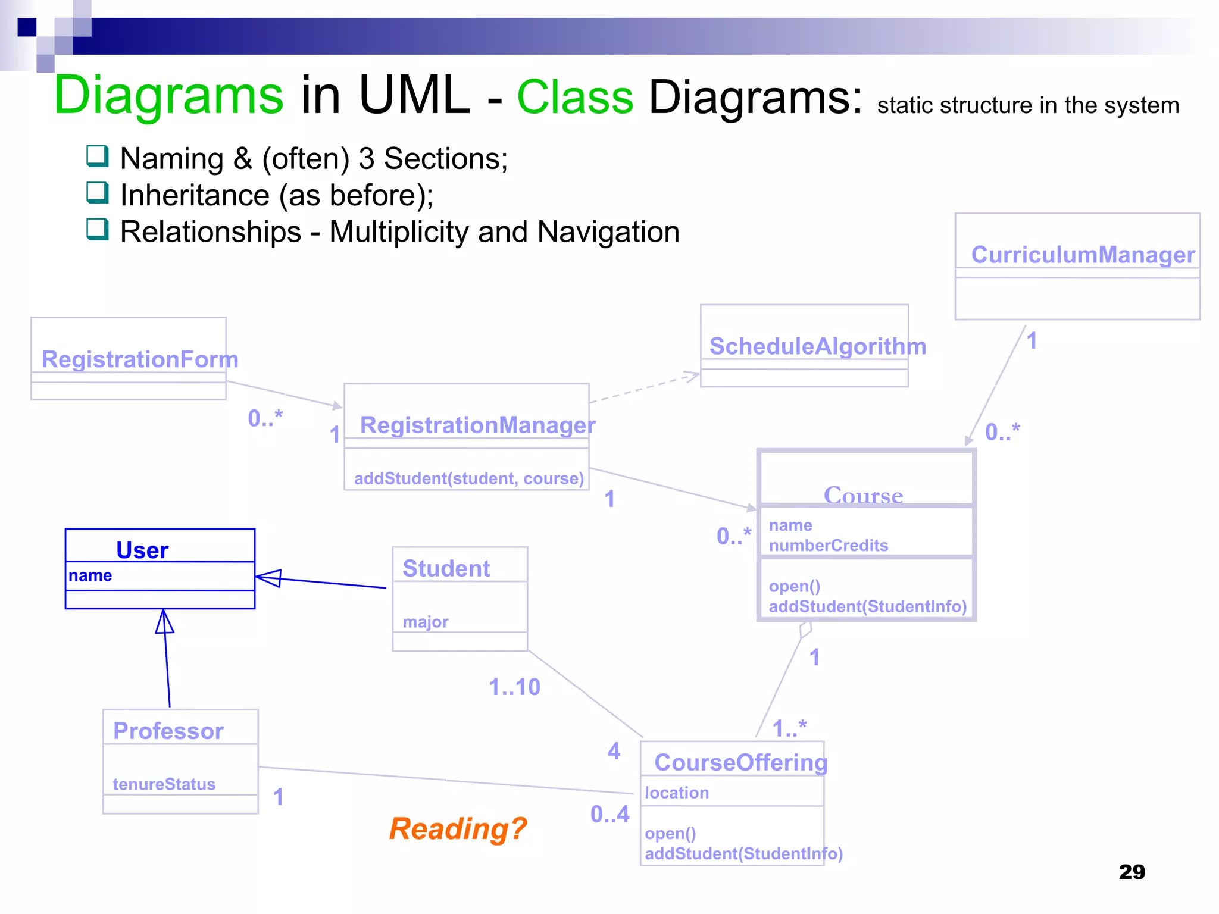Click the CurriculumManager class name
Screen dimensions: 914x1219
[x=1082, y=255]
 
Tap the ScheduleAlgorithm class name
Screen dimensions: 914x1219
[x=817, y=346]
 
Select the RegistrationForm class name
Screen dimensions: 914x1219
[x=140, y=359]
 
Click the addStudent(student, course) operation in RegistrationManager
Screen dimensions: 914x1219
[x=468, y=478]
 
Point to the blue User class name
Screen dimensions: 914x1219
[x=142, y=550]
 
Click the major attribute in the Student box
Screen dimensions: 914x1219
[x=425, y=622]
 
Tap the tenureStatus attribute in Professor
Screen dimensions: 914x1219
[x=164, y=784]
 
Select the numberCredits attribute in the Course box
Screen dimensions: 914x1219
[x=828, y=546]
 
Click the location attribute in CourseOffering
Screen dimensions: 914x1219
[x=677, y=793]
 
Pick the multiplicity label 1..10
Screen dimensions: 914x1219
[x=514, y=687]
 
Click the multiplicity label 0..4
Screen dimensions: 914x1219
[x=609, y=814]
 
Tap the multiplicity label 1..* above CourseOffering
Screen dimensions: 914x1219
[x=789, y=728]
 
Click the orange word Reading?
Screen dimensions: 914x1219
[x=458, y=829]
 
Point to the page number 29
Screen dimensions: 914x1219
[x=1132, y=872]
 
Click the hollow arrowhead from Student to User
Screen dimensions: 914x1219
[x=268, y=578]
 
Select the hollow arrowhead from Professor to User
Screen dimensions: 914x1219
[x=165, y=621]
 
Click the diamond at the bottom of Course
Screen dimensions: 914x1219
[x=805, y=630]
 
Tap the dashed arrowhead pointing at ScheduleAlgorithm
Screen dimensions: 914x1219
[x=692, y=376]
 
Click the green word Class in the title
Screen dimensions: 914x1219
[x=575, y=97]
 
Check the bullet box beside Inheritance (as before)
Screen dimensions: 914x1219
[x=98, y=193]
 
